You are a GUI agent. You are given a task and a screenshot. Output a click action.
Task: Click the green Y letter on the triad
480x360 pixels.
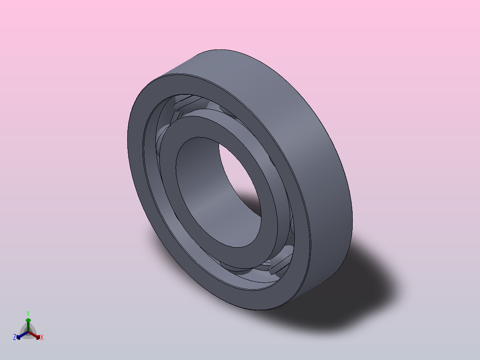click(28, 313)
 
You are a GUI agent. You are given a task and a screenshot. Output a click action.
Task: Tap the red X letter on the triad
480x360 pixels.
click(41, 338)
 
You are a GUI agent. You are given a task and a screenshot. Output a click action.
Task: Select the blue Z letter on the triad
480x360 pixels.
click(15, 338)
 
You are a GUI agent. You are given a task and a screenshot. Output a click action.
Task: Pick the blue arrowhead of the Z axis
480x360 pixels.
click(19, 336)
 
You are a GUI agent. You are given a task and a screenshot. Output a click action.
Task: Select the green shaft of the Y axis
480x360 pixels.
click(28, 327)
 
